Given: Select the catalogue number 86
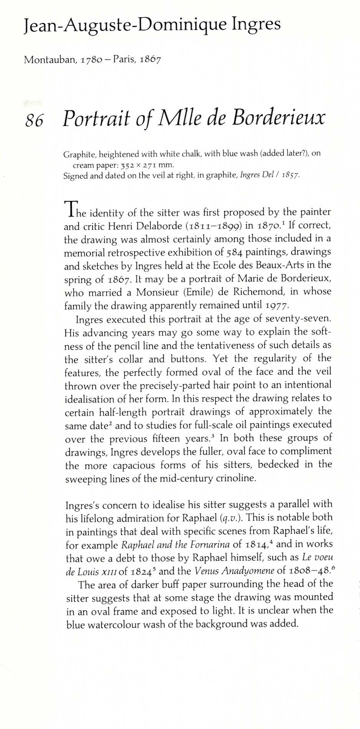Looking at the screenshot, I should click(34, 120).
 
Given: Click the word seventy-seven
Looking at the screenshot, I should click(303, 319).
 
